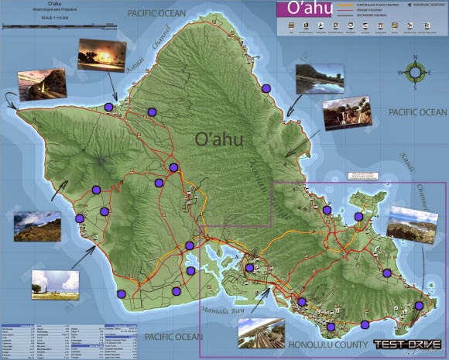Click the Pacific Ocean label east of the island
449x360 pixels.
click(x=418, y=113)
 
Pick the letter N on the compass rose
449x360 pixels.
click(x=415, y=58)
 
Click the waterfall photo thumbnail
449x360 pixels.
click(x=344, y=114)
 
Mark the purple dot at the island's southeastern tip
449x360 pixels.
click(x=419, y=306)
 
